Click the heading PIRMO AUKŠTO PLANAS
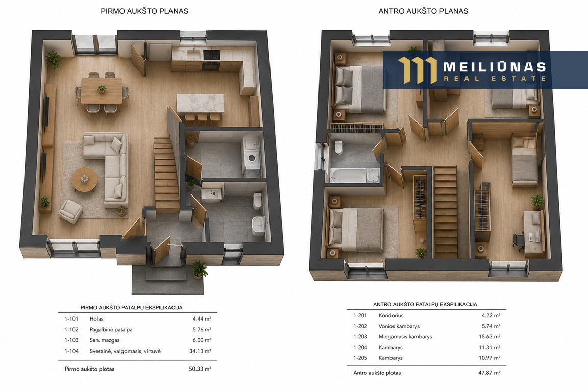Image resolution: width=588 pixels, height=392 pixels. pyautogui.click(x=144, y=11)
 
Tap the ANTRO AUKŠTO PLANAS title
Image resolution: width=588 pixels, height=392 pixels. pyautogui.click(x=423, y=11)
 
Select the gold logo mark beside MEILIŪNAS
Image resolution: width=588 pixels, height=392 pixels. pyautogui.click(x=418, y=70)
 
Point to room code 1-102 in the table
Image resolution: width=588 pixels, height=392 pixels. pyautogui.click(x=71, y=329)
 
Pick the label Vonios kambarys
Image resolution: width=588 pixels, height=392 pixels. pyautogui.click(x=399, y=326)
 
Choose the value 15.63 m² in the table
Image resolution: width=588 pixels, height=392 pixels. pyautogui.click(x=489, y=336)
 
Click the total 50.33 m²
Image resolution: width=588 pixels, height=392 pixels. pyautogui.click(x=200, y=369)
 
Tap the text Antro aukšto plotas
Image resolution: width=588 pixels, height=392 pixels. pyautogui.click(x=377, y=373)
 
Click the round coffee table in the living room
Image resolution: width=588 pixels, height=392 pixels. pyautogui.click(x=84, y=180)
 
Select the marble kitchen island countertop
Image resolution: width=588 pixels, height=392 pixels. pyautogui.click(x=200, y=103)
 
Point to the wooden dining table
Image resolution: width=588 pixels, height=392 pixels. pyautogui.click(x=102, y=90)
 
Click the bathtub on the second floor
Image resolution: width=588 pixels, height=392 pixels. pyautogui.click(x=354, y=176)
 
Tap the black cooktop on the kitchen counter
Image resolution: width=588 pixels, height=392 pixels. pyautogui.click(x=211, y=55)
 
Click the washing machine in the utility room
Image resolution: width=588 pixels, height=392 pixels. pyautogui.click(x=252, y=158)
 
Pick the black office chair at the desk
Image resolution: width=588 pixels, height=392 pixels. pyautogui.click(x=519, y=241)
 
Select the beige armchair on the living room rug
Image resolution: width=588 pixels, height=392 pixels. pyautogui.click(x=71, y=211)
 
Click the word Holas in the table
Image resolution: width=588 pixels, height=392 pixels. pyautogui.click(x=96, y=319)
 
